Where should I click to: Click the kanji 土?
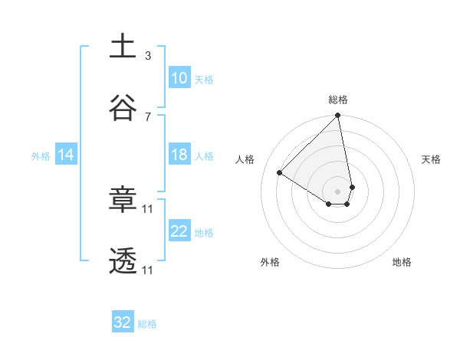coord(123,45)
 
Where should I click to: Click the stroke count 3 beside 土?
coord(148,55)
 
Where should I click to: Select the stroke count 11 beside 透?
coord(149,270)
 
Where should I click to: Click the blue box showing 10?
coord(179,78)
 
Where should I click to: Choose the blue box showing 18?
coord(179,155)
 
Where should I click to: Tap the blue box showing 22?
coord(179,231)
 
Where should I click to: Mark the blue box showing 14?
coord(66,155)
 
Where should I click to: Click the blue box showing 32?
coord(123,322)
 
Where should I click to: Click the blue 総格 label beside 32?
coord(147,324)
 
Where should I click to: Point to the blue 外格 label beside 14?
coord(41,155)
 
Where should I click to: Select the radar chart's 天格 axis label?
coord(432,159)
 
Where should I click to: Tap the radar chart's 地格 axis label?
coord(402,262)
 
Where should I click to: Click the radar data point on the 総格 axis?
coord(338,116)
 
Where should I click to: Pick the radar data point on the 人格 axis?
coord(280,173)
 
